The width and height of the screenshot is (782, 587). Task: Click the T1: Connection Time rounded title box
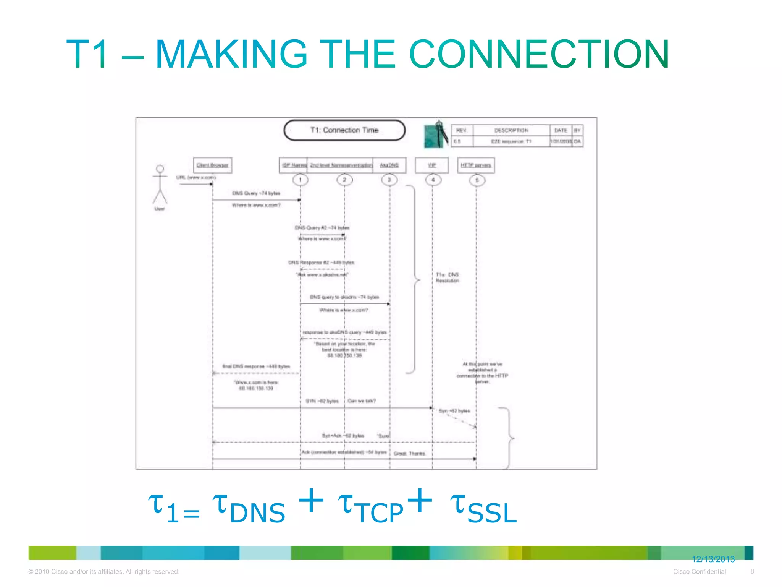344,130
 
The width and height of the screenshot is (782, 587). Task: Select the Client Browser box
212,165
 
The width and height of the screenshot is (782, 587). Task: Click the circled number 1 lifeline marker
300,180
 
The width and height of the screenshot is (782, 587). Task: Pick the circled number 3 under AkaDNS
389,180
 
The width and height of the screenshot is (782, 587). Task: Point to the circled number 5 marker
477,180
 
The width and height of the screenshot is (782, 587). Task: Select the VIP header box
432,165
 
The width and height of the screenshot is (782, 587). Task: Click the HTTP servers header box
476,165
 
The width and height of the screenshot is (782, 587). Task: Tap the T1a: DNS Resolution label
447,277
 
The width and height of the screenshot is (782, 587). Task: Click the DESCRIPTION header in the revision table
511,130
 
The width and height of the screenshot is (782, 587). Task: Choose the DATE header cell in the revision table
561,130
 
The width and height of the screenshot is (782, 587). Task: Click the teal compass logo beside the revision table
436,135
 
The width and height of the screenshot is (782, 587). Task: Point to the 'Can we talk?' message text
362,401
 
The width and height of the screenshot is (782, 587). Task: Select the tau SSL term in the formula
483,509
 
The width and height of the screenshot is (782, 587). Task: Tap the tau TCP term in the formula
371,509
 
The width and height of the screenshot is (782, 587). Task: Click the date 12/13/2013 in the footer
713,559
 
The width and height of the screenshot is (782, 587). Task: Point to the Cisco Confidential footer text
699,572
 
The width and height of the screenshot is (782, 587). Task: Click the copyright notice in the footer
103,572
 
